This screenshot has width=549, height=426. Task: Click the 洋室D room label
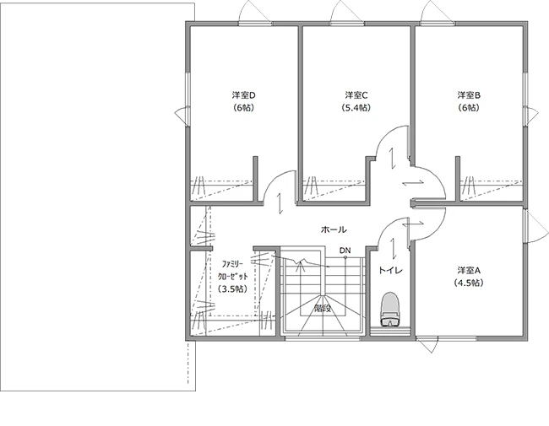(243, 94)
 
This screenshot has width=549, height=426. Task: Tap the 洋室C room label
(356, 94)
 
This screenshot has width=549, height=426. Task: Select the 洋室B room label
(469, 94)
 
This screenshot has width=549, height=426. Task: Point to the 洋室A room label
(469, 270)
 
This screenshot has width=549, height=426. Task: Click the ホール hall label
(334, 229)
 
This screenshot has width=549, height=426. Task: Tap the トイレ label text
(390, 270)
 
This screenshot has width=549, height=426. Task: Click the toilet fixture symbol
(390, 309)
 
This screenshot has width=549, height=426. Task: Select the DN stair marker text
(345, 251)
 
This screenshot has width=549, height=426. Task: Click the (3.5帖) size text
(232, 288)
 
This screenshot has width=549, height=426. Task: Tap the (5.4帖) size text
(356, 108)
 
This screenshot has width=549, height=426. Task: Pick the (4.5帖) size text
(469, 283)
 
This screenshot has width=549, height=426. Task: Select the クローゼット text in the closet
(233, 277)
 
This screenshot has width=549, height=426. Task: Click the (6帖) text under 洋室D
(243, 108)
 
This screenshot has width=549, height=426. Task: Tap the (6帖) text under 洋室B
(469, 108)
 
